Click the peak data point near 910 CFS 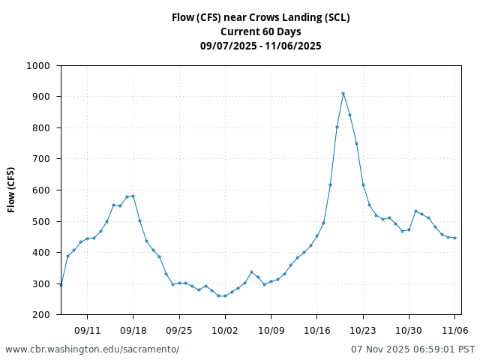click(x=343, y=93)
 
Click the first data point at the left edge click(x=61, y=285)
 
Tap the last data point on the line click(x=454, y=238)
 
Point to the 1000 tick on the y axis click(x=39, y=65)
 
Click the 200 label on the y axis click(x=41, y=315)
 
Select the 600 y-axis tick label click(x=41, y=190)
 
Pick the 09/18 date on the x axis click(x=133, y=329)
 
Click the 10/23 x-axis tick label click(x=363, y=329)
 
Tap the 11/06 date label click(x=454, y=329)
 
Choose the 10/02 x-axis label click(x=225, y=329)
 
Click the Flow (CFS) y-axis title click(x=11, y=190)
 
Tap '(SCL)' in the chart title click(x=335, y=17)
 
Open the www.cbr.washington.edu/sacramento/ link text click(x=92, y=349)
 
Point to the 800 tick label click(x=41, y=127)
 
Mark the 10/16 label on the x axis click(x=316, y=329)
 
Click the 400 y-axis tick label click(x=41, y=253)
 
